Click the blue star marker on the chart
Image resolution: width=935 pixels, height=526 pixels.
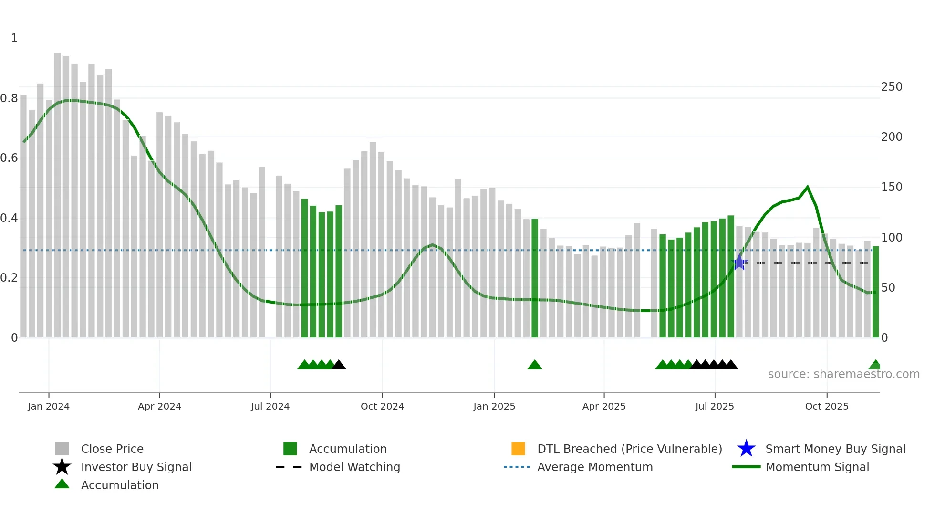coord(739,262)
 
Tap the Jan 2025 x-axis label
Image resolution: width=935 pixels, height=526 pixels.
coord(494,406)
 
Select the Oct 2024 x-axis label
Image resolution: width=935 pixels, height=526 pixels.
coord(382,406)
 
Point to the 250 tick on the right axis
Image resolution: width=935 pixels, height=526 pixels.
coord(892,87)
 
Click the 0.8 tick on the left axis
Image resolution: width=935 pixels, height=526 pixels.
coord(9,98)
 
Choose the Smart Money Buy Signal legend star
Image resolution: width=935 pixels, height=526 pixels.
coord(746,449)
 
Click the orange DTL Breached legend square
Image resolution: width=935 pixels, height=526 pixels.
coord(518,449)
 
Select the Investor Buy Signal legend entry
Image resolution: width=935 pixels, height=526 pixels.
coord(136,467)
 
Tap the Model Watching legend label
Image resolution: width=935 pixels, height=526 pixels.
coord(354,467)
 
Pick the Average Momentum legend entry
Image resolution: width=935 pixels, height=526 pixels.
coord(594,467)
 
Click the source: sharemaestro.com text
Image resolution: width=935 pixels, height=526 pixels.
coord(843,374)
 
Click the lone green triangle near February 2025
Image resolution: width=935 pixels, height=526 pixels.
coord(535,365)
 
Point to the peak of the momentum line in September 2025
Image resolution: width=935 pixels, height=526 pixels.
coord(807,187)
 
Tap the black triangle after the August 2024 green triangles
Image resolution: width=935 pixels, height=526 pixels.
coord(339,365)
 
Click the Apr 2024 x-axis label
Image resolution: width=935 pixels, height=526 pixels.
coord(159,406)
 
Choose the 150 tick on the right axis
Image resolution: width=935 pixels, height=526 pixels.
coord(892,187)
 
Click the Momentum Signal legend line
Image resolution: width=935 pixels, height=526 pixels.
coord(746,467)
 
